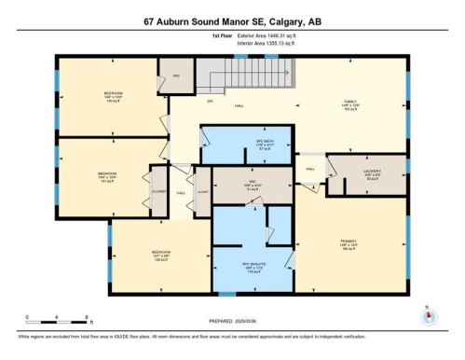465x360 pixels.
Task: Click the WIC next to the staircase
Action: click(x=175, y=76)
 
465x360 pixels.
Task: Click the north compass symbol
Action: click(x=428, y=314)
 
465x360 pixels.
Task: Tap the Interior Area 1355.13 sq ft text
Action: click(x=232, y=43)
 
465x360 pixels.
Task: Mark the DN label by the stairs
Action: click(x=185, y=99)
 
